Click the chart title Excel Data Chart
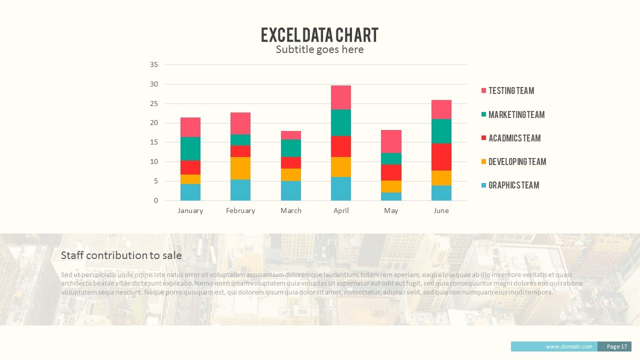point(319,35)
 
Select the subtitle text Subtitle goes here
point(319,49)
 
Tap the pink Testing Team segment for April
point(341,97)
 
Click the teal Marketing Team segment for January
point(190,148)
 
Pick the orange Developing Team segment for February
point(240,168)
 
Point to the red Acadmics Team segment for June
point(441,157)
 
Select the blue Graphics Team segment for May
point(391,196)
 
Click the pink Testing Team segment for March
point(291,135)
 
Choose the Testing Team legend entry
point(511,90)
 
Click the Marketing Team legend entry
point(516,114)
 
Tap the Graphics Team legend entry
point(513,185)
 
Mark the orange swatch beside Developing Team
point(483,161)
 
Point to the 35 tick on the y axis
point(154,64)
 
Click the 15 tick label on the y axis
point(154,142)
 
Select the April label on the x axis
point(341,210)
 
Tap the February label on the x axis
point(240,210)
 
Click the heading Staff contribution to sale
point(121,255)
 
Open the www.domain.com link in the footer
point(568,346)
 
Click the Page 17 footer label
point(616,346)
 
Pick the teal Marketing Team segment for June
point(441,131)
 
